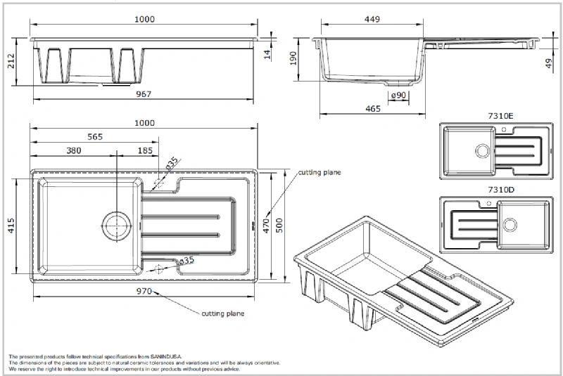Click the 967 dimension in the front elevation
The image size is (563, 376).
coord(144,94)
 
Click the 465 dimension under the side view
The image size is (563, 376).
coord(373,108)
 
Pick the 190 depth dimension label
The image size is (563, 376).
coord(294,59)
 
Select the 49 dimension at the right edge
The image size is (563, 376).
coord(550,65)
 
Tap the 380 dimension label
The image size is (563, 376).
coord(73,150)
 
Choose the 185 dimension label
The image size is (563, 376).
coord(146,150)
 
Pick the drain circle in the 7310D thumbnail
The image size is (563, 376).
coord(510,224)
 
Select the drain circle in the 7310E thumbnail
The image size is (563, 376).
coord(481,150)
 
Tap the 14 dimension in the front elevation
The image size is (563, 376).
coord(268,54)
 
